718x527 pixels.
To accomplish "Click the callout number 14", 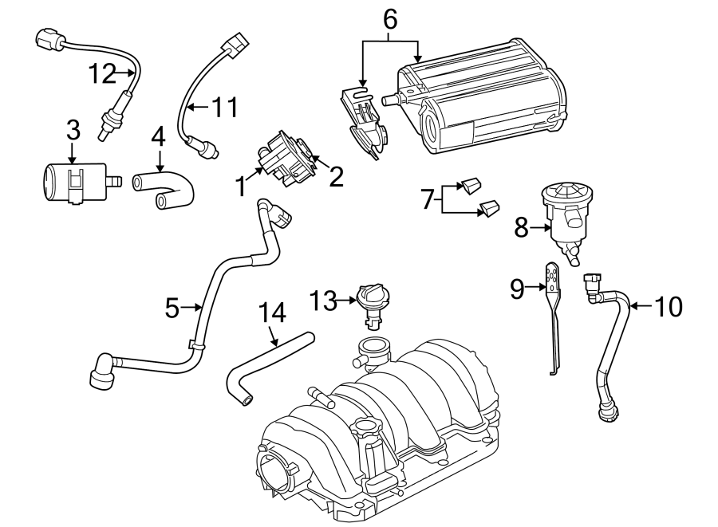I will point(271,313).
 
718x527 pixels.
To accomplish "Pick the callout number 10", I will point(669,306).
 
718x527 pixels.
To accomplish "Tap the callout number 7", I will point(428,199).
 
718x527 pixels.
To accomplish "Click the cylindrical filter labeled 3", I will point(72,182).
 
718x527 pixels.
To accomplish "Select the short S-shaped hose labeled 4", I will point(164,190).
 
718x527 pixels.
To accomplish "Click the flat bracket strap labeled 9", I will point(553,319).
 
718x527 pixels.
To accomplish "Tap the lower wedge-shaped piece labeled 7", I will point(489,210).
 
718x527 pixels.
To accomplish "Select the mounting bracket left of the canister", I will point(363,120).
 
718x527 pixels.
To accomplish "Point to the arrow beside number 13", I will point(346,301).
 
